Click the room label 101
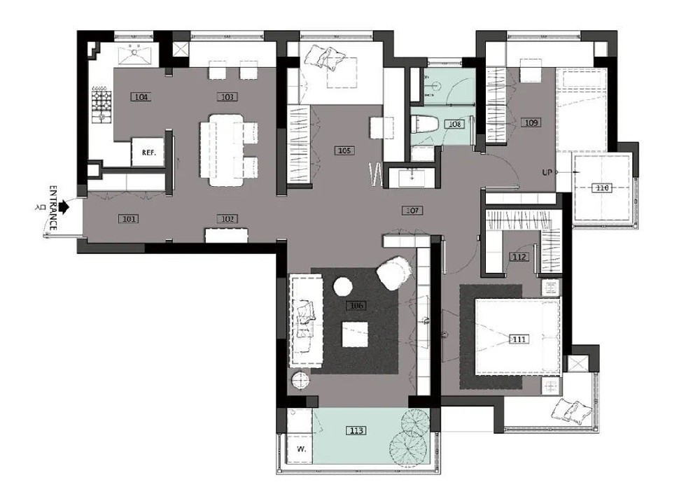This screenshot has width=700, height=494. pos(129,219)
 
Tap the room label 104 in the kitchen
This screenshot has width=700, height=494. pos(141,97)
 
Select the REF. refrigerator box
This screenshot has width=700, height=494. pos(148,152)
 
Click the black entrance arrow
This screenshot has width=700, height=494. pos(64,206)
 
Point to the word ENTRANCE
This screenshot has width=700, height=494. pos(52,208)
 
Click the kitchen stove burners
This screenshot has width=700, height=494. pos(101,105)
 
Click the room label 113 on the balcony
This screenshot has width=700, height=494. pos(356,430)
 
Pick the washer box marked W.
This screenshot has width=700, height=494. pos(299,448)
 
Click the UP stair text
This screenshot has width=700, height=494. pos(547,172)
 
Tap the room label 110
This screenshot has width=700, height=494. pos(602,188)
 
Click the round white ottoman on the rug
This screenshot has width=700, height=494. pos(343,286)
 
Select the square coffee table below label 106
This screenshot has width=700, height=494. pos(355,334)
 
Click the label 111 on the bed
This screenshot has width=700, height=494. pos(519,339)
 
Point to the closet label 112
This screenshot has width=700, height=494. pos(519,257)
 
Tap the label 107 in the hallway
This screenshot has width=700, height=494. pos(412,210)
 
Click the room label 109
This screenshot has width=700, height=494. pos(531,122)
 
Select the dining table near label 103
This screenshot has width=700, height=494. pos(227,150)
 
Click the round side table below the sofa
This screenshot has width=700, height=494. pos(301,380)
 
